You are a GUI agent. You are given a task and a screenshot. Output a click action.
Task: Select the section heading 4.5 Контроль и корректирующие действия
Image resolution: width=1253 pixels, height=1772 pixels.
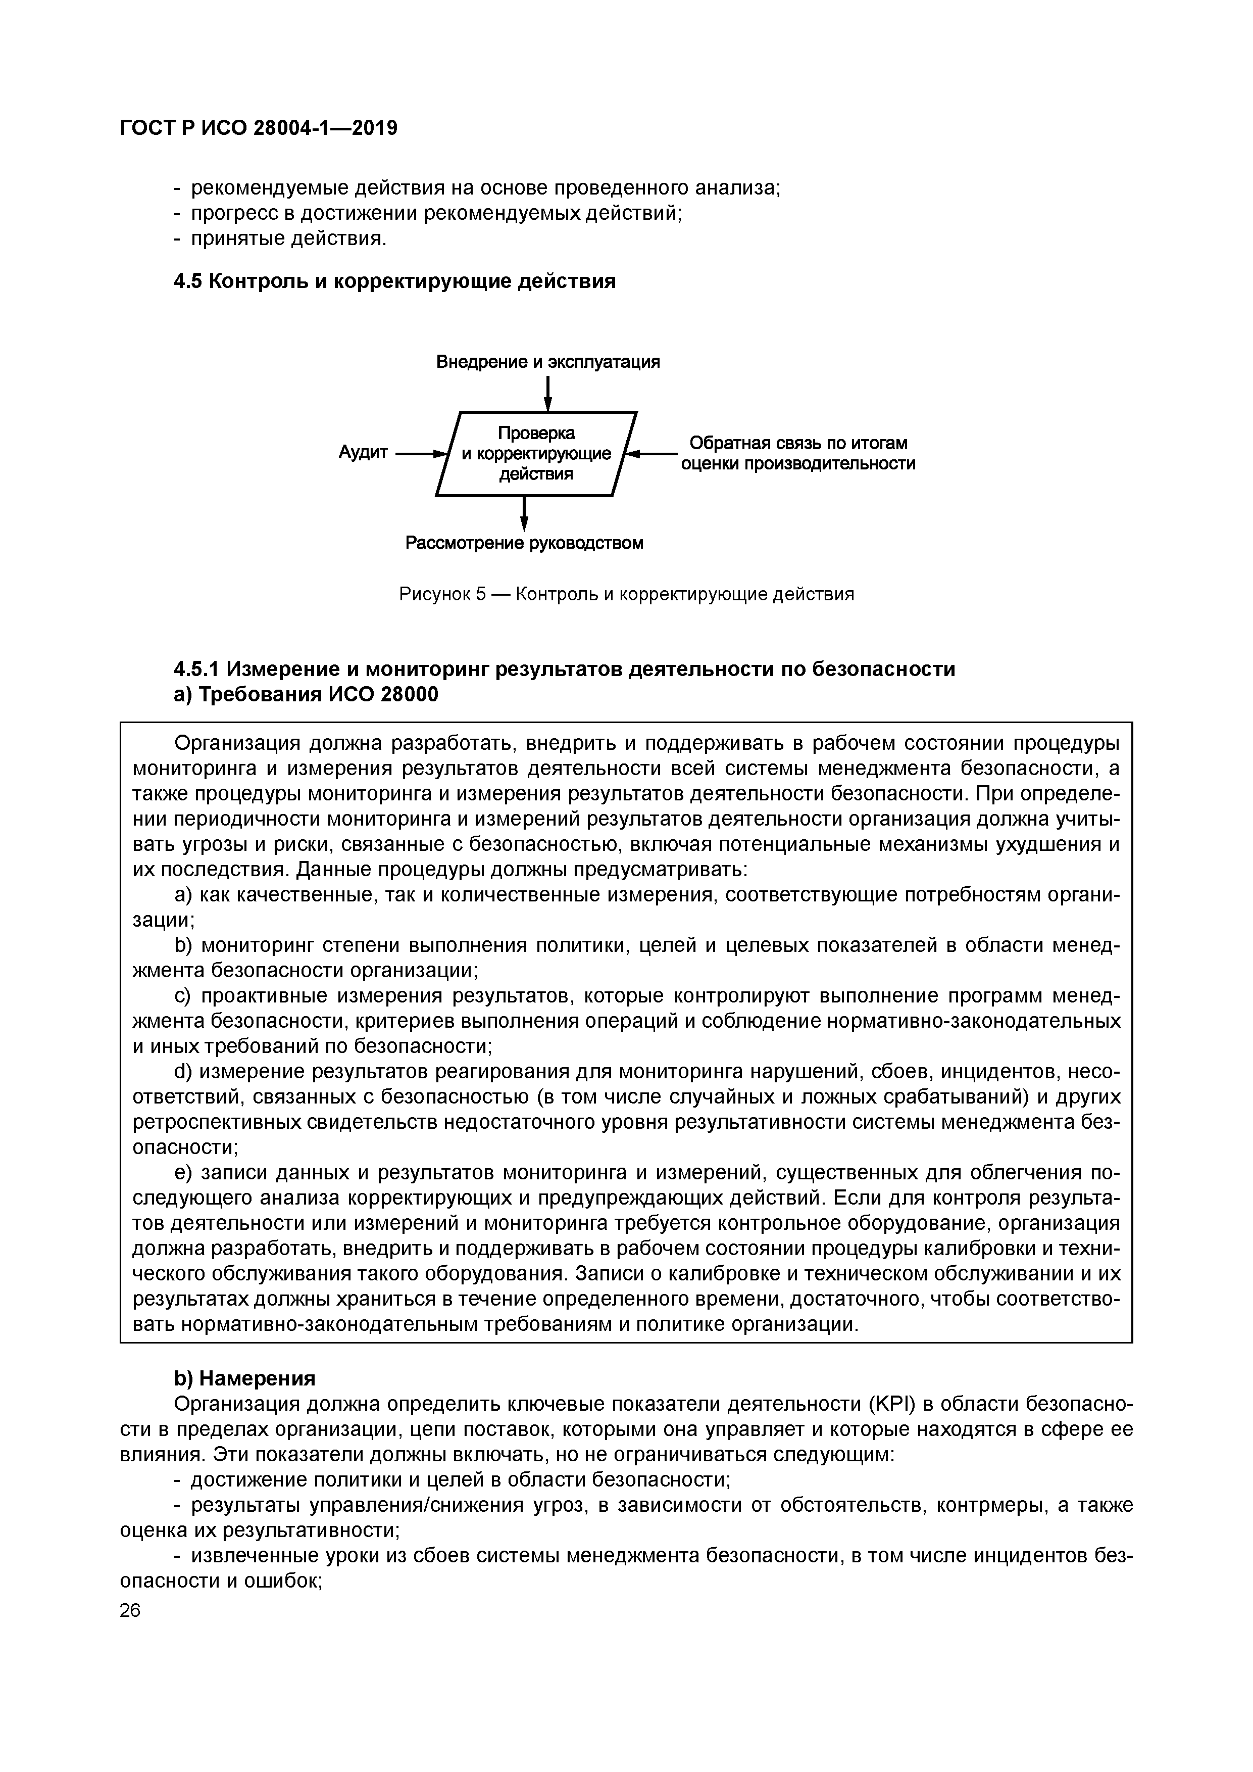pos(394,281)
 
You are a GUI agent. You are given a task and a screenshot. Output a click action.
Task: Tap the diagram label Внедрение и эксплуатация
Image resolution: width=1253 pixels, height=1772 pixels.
pos(548,362)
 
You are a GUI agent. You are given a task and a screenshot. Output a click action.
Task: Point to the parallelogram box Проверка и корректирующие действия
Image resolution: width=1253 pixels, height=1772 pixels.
pos(536,454)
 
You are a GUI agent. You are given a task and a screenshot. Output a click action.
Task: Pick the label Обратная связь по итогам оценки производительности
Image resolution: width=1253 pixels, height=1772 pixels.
pos(798,453)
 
